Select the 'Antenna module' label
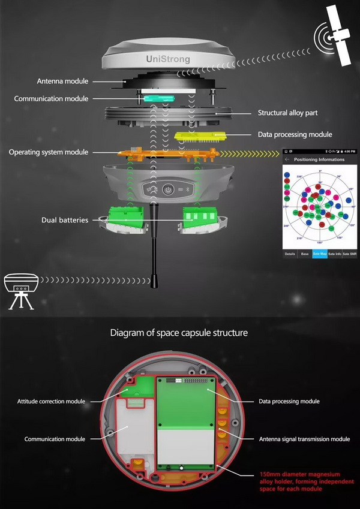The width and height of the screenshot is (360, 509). [x=62, y=81]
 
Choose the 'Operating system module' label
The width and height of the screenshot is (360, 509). [x=48, y=152]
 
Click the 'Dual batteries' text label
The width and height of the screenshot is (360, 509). [x=65, y=220]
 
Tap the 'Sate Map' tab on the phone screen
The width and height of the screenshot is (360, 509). [x=320, y=254]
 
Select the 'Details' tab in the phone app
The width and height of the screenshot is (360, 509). [x=290, y=254]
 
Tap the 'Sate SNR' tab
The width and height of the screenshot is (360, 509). [x=350, y=254]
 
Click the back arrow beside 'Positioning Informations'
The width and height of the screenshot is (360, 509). [x=287, y=159]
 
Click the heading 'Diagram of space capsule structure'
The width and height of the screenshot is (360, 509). [x=179, y=332]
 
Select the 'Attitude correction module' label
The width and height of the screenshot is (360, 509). [x=51, y=401]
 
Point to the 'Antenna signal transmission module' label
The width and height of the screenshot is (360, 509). [x=304, y=439]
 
